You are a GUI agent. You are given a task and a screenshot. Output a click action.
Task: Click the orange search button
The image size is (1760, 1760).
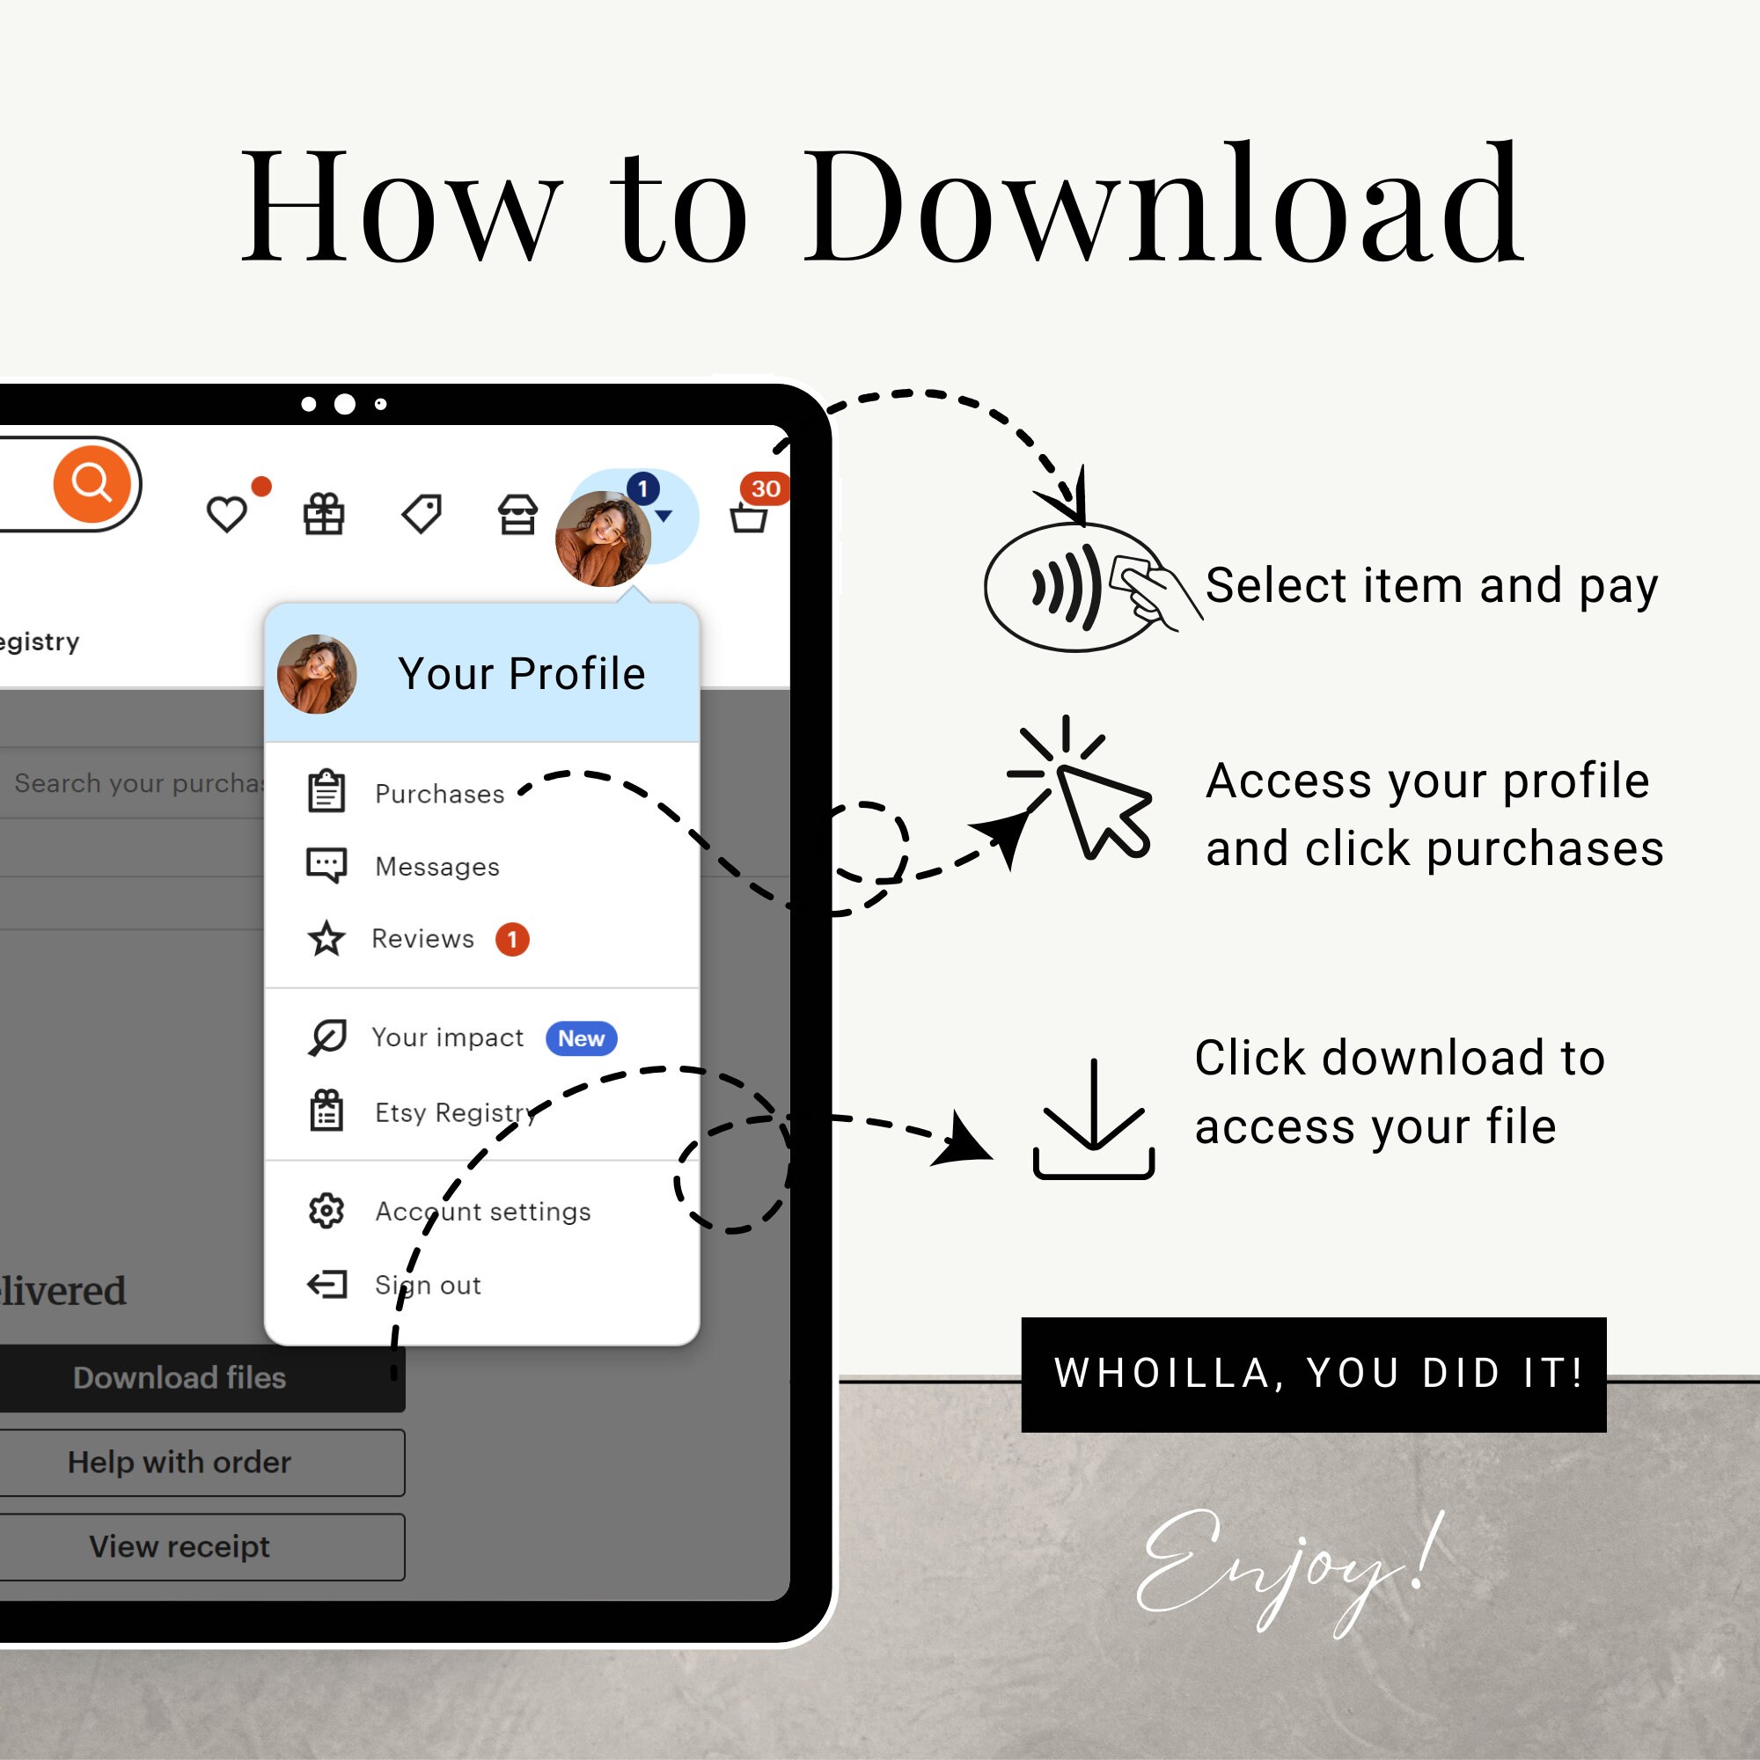tap(92, 484)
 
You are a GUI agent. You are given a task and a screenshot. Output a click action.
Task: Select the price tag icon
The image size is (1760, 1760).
tap(422, 514)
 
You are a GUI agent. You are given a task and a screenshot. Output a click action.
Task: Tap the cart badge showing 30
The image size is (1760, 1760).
tap(765, 489)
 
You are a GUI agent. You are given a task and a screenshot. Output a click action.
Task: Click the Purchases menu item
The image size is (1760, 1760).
tap(439, 794)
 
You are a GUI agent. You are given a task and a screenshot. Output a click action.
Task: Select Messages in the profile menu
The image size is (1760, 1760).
tap(436, 866)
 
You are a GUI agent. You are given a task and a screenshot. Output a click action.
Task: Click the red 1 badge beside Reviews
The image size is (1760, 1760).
tap(512, 939)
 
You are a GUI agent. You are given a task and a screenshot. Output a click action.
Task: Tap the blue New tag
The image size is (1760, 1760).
tap(580, 1038)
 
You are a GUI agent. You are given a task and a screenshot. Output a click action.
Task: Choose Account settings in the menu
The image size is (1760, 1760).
tap(482, 1212)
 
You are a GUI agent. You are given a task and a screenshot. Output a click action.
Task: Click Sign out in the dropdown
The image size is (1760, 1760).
tap(428, 1286)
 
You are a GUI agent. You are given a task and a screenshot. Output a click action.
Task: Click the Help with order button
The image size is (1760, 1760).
tap(180, 1462)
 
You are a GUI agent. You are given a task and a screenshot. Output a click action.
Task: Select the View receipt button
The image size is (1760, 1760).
tap(180, 1547)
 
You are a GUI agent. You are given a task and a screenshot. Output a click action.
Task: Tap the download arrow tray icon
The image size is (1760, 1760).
tap(1093, 1120)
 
